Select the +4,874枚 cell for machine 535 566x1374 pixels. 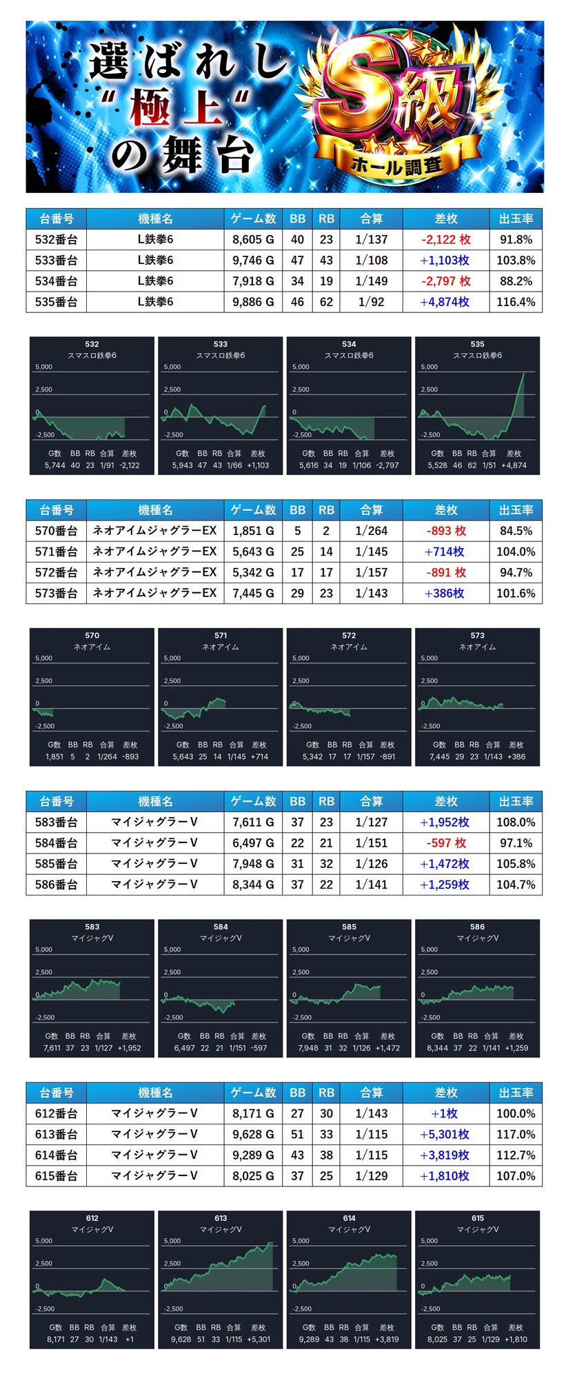point(445,302)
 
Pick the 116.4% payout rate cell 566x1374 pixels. point(516,302)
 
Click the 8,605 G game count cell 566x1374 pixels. point(253,240)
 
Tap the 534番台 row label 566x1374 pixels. point(57,281)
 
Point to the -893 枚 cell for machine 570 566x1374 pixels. point(445,531)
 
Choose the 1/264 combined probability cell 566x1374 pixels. point(372,531)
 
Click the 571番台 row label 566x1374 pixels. point(57,552)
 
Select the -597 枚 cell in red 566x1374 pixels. point(445,843)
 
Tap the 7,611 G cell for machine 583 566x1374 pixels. point(253,822)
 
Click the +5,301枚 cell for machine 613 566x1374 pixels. point(445,1134)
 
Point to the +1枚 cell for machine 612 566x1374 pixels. point(445,1113)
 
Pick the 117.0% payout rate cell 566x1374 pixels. point(516,1134)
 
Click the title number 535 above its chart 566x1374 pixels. point(477,344)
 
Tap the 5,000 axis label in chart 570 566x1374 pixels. point(43,658)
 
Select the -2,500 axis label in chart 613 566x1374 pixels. point(173,1309)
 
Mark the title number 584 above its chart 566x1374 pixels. point(221,927)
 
